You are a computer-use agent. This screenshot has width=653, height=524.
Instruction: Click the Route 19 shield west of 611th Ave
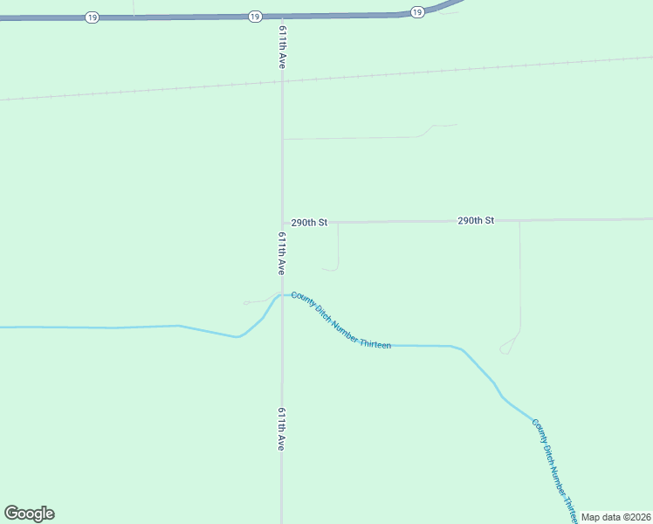click(92, 17)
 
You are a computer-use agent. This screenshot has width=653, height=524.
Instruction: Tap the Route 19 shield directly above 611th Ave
click(253, 17)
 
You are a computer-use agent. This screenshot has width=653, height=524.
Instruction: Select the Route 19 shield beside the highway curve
click(416, 11)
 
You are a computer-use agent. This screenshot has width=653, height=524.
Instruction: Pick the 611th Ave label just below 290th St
click(282, 254)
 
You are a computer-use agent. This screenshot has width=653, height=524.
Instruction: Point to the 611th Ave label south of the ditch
click(281, 429)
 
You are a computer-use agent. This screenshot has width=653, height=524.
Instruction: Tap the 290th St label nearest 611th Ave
click(309, 223)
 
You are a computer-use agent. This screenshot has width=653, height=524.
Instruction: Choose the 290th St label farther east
click(476, 221)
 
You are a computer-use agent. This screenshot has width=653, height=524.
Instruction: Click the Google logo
click(29, 514)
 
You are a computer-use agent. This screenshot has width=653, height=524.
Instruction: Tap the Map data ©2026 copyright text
click(615, 517)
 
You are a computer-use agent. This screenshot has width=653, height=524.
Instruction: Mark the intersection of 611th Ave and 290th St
click(282, 223)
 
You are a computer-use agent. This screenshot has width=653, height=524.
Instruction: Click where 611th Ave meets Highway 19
click(282, 16)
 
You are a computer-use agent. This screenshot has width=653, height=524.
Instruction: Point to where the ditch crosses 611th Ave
click(281, 295)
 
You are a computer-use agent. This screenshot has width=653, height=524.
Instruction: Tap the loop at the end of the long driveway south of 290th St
click(505, 349)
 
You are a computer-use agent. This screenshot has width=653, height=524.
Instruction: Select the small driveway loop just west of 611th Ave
click(247, 303)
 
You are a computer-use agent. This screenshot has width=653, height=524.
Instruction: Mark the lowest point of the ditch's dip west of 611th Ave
click(237, 337)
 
